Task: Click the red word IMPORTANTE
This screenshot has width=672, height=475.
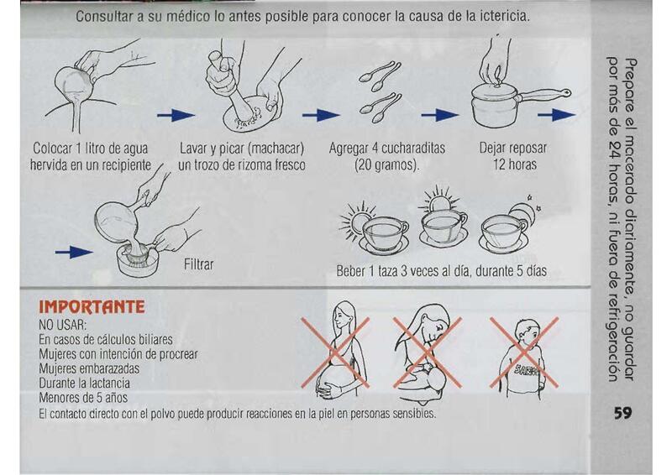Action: pos(92,307)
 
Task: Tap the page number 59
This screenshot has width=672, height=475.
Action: pos(622,413)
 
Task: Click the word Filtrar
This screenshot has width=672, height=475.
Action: pos(198,264)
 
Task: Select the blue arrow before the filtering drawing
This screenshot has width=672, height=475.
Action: pos(74,253)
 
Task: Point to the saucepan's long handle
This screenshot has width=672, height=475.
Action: pos(545,94)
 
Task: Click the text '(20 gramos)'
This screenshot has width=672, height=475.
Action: pos(386,164)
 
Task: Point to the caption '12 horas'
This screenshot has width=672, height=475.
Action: pos(514,164)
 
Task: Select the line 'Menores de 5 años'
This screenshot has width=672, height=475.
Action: pos(83,398)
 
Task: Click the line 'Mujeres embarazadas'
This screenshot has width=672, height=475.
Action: pos(89,368)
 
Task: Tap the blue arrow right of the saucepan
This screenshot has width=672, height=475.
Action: pos(556,115)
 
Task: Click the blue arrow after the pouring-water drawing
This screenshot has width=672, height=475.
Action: pos(176,115)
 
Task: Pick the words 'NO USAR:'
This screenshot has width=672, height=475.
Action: pos(62,324)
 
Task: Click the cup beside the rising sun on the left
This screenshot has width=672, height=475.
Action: pos(384,236)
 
